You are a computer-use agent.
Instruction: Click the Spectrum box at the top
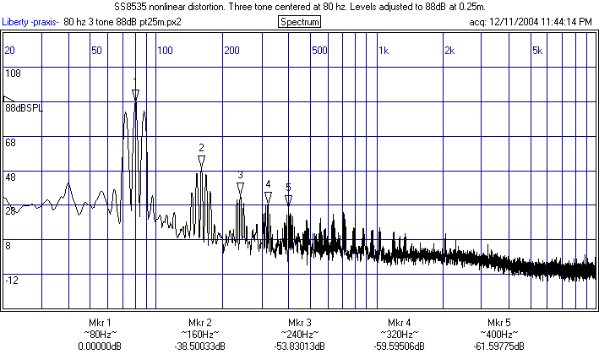[x=299, y=21]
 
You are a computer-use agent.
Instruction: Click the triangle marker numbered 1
[x=135, y=94]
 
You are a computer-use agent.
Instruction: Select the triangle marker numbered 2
[x=201, y=159]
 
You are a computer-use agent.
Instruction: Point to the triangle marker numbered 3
[x=240, y=188]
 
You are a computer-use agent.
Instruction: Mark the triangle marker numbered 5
[x=288, y=199]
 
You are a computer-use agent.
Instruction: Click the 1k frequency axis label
[x=384, y=51]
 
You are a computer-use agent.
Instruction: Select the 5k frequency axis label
[x=537, y=51]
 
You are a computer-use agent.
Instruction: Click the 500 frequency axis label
[x=319, y=51]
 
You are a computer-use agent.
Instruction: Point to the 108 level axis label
[x=13, y=74]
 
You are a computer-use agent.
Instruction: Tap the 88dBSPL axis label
[x=24, y=109]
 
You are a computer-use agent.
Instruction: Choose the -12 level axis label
[x=12, y=280]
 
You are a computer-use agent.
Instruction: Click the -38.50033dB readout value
[x=199, y=346]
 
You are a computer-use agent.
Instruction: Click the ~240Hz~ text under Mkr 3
[x=299, y=335]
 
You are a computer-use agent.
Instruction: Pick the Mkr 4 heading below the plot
[x=399, y=324]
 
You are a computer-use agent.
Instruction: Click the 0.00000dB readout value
[x=99, y=346]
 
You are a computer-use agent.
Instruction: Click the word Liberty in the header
[x=16, y=21]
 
